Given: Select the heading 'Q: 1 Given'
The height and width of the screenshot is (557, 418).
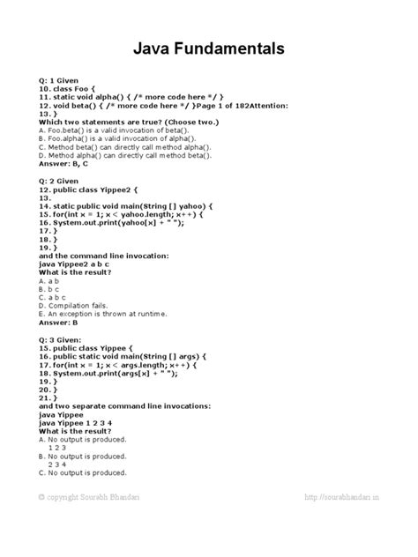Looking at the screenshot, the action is click(x=63, y=80).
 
